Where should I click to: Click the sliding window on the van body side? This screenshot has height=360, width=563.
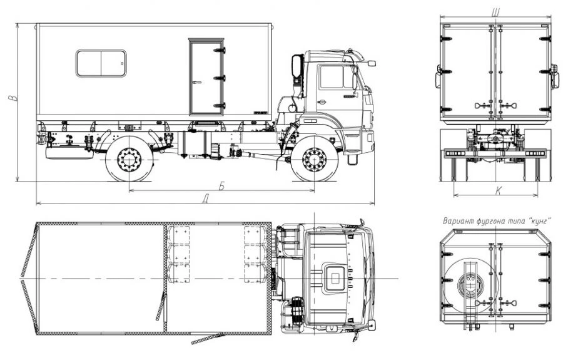point(101,63)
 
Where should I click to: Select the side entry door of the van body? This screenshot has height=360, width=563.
point(206,77)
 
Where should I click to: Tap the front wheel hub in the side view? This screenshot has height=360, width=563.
point(314,160)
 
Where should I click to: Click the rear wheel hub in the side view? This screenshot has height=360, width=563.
point(129,160)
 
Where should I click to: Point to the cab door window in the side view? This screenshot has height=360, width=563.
point(332,77)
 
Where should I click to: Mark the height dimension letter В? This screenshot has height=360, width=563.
point(11,98)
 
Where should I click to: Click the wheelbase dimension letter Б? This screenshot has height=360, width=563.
point(221,185)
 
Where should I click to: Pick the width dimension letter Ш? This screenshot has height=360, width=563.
point(495,11)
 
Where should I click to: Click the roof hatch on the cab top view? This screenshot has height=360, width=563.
point(334,278)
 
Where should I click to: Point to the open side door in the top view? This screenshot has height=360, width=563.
point(208,339)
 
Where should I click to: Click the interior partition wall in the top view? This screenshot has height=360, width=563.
point(165,278)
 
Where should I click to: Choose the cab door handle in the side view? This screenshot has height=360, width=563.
point(322,101)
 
